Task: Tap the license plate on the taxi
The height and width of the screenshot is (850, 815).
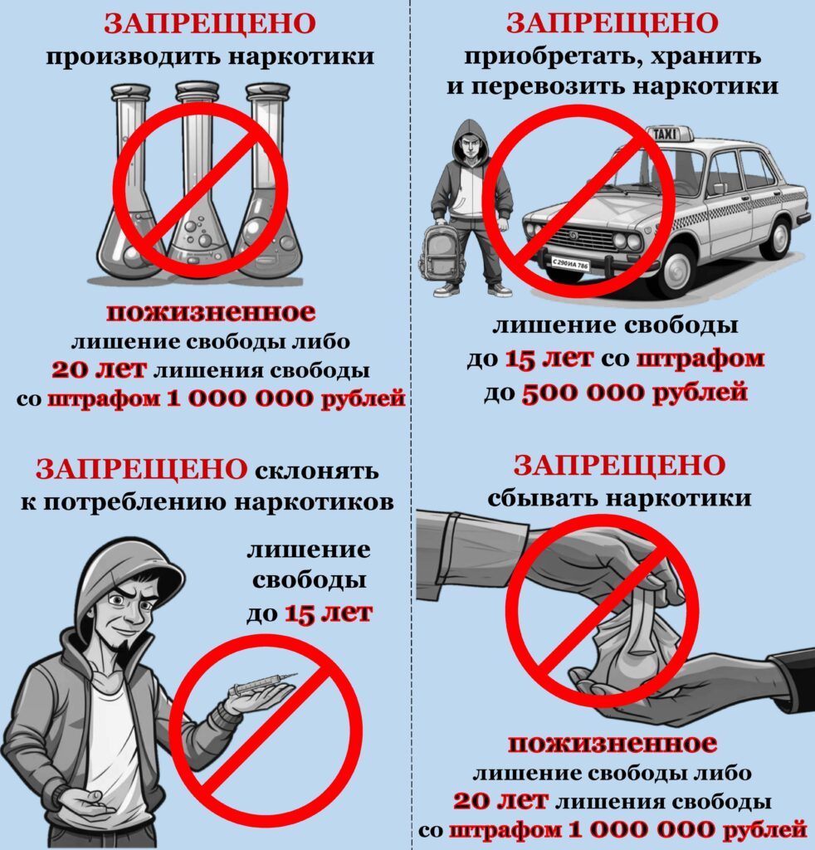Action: [569, 264]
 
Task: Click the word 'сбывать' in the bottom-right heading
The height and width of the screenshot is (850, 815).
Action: [542, 498]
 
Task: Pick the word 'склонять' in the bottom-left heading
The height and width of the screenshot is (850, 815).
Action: [316, 471]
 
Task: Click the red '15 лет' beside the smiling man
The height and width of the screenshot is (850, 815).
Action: [329, 613]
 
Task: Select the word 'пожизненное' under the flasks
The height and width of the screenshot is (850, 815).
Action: [210, 313]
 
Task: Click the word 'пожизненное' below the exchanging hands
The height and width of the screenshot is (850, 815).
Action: [612, 744]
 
